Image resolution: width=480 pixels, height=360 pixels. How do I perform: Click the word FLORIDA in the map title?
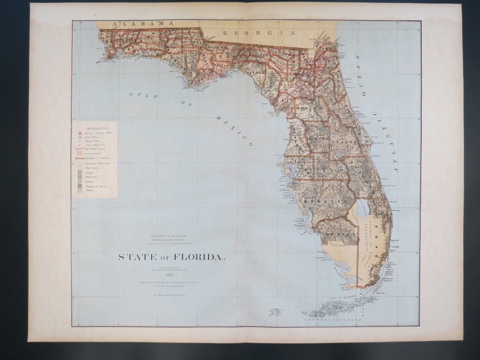click(x=202, y=257)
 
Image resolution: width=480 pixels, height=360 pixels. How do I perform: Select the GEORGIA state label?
click(x=259, y=33)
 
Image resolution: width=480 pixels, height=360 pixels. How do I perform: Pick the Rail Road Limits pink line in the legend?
click(x=80, y=149)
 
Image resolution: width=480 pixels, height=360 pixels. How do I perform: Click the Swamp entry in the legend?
click(x=80, y=173)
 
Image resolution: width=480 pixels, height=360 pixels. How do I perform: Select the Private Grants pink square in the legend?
click(x=80, y=154)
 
